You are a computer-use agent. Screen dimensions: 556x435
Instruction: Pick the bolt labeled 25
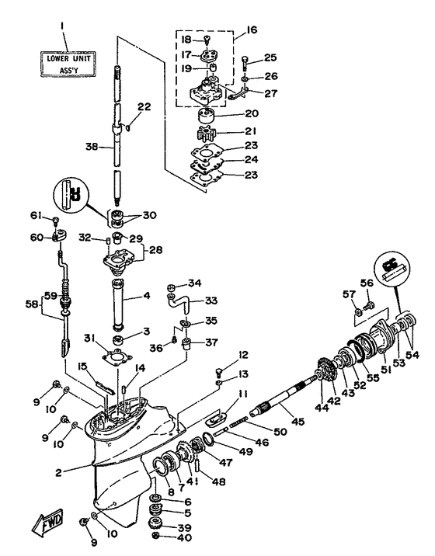point(245,60)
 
